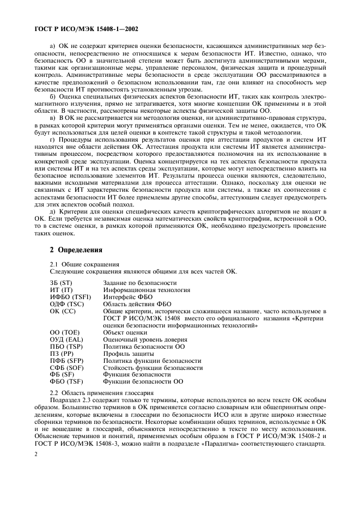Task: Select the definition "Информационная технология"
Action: click(x=147, y=290)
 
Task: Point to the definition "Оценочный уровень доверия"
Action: click(x=144, y=339)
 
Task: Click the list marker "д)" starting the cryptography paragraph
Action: click(x=53, y=210)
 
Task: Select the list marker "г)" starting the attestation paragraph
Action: click(x=53, y=140)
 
